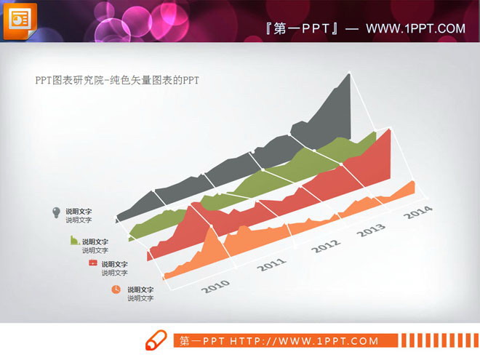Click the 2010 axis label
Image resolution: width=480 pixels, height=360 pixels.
[216, 286]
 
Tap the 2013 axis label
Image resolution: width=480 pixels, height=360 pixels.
[371, 230]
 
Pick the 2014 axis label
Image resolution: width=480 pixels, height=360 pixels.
[417, 213]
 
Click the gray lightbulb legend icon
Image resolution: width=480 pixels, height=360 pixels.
[56, 212]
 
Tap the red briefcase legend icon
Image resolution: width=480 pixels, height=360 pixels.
[92, 263]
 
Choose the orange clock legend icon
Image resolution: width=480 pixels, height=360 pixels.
[116, 289]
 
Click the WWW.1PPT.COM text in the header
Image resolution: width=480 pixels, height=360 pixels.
[415, 28]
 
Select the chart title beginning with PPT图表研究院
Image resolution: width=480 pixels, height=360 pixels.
[117, 81]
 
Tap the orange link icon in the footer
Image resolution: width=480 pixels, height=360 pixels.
[156, 340]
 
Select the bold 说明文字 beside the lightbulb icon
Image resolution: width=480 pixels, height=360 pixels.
[79, 212]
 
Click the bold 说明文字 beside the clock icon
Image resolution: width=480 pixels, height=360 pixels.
[140, 289]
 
